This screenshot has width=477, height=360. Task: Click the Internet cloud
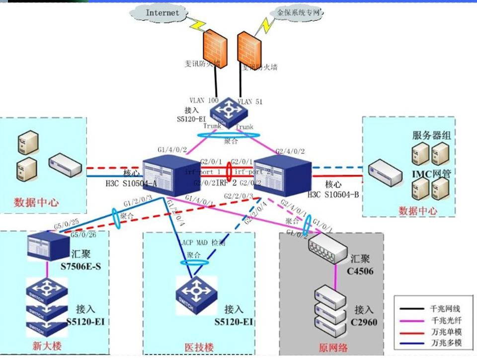point(162,13)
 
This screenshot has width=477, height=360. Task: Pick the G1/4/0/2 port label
point(172,149)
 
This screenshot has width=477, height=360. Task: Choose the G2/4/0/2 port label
point(290,150)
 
